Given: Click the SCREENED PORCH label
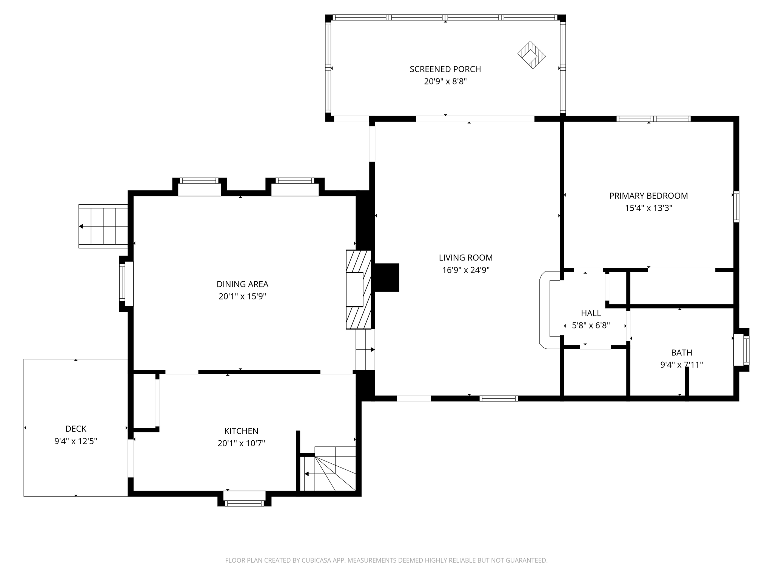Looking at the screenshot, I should point(445,69).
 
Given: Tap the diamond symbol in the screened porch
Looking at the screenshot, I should point(531,55).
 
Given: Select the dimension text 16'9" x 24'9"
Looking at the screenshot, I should point(466,270).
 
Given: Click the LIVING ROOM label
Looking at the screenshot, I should point(466,258).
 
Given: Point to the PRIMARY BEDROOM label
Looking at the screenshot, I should point(648,196).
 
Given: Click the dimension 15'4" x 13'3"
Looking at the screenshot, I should point(648,208).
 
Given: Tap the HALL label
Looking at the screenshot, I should point(591,313).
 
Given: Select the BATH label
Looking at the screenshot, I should point(681,353).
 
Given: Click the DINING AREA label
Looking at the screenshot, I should point(242,284).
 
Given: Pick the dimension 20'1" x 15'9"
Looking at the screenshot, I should point(242,296).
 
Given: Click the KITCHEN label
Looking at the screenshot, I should point(241,431).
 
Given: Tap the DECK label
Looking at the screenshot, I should point(76,429).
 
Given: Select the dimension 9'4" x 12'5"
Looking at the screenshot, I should point(76,441).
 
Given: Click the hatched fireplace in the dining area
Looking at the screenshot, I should point(358,289).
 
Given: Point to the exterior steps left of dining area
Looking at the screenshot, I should point(103,226).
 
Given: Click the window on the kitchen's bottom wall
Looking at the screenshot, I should point(244,499).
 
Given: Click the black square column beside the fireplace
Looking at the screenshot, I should point(386,278).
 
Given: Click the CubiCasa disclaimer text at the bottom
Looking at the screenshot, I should point(386,560).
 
